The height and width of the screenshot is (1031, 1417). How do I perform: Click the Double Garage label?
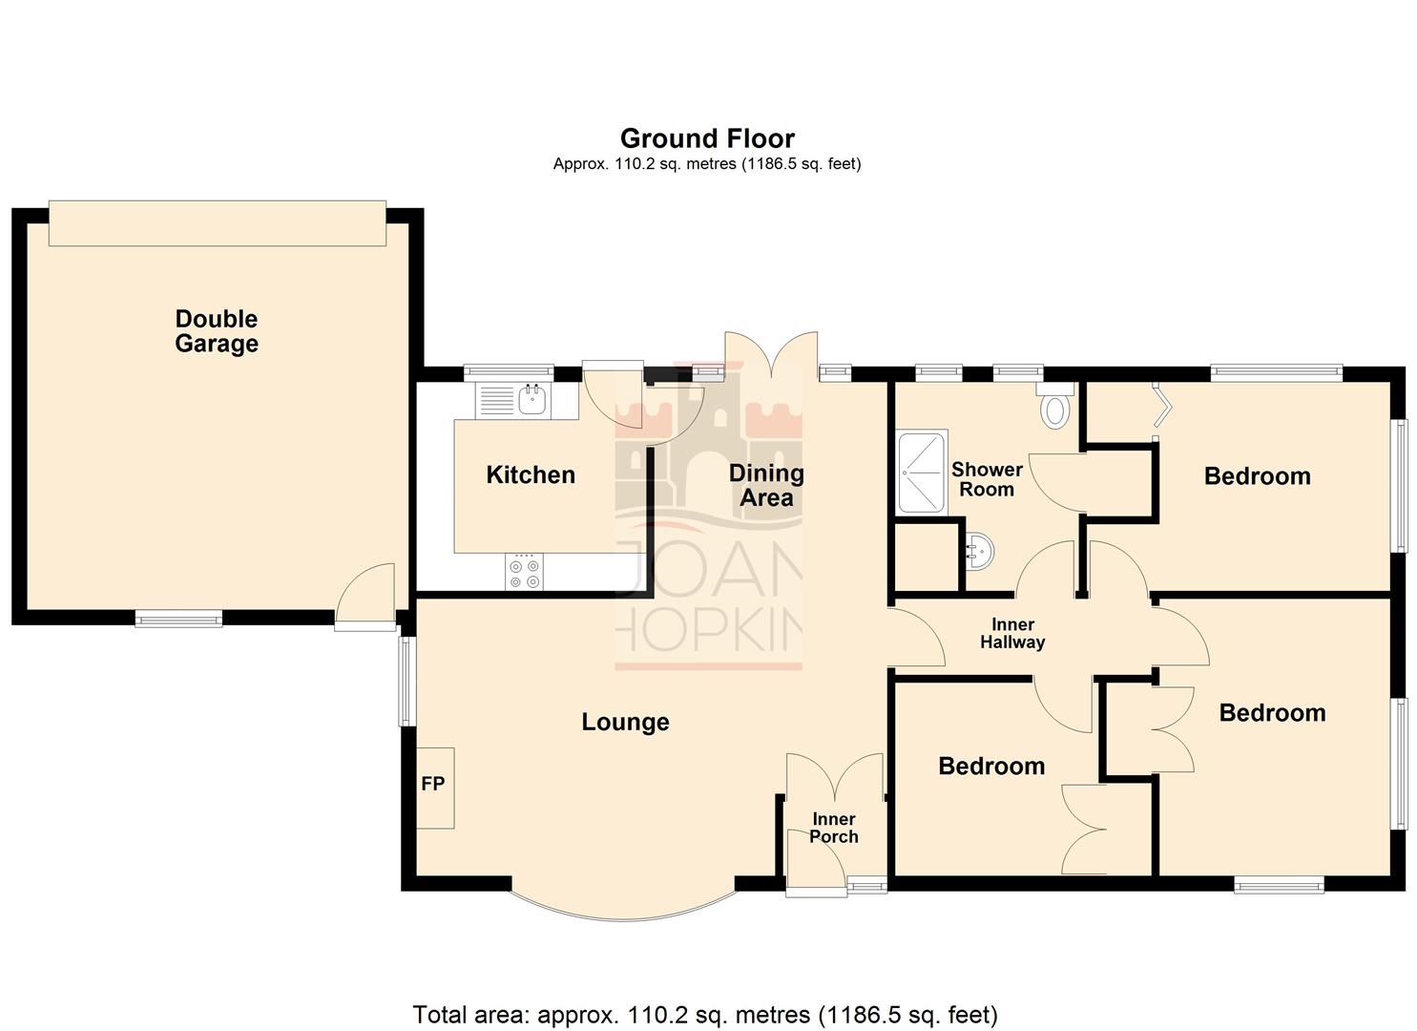point(217,331)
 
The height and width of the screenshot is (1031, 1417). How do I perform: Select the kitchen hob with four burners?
point(524,572)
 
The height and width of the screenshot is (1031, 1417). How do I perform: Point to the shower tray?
point(922,472)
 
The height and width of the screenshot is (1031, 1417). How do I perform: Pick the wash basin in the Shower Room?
point(980,551)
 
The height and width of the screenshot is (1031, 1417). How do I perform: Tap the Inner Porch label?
point(834,828)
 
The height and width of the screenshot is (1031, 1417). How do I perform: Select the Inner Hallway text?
point(1012,634)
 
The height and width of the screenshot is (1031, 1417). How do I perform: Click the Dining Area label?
point(766,485)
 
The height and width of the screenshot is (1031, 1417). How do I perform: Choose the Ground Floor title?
point(707,139)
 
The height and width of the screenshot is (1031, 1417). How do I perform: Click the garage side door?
point(366,597)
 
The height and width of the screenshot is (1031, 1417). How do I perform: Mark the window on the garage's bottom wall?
point(178,619)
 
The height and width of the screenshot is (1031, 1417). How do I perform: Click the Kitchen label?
point(531,475)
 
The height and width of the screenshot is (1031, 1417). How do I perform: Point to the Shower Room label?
point(987,479)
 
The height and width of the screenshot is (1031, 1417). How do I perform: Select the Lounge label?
point(625,722)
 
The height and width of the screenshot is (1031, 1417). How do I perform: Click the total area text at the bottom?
point(705,1014)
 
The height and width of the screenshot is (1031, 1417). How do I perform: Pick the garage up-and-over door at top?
point(218,223)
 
